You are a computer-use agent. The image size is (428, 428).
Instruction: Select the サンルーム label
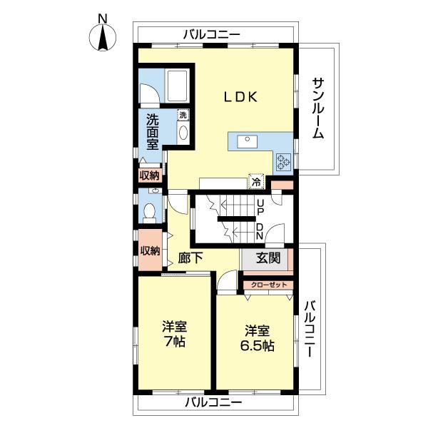(x=318, y=107)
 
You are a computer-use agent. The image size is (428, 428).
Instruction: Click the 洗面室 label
(x=153, y=131)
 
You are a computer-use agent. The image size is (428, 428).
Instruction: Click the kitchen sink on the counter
(x=248, y=140)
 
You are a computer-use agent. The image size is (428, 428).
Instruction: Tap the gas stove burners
(x=282, y=163)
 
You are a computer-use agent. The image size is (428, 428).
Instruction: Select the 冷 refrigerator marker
(x=255, y=182)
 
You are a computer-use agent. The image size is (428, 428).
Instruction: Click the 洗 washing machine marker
(x=183, y=115)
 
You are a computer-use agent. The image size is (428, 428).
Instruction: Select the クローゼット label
(x=269, y=285)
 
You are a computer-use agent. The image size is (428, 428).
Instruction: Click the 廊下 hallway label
(x=190, y=259)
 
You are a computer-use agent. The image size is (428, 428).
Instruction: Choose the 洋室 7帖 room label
(x=174, y=334)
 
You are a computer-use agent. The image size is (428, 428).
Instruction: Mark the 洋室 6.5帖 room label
(x=258, y=338)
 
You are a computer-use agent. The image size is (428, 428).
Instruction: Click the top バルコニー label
(x=211, y=34)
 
